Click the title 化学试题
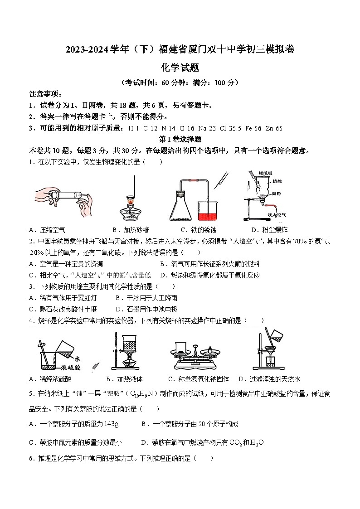tap(180, 68)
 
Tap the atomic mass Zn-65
tap(274, 128)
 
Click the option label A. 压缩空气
tap(47, 230)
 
